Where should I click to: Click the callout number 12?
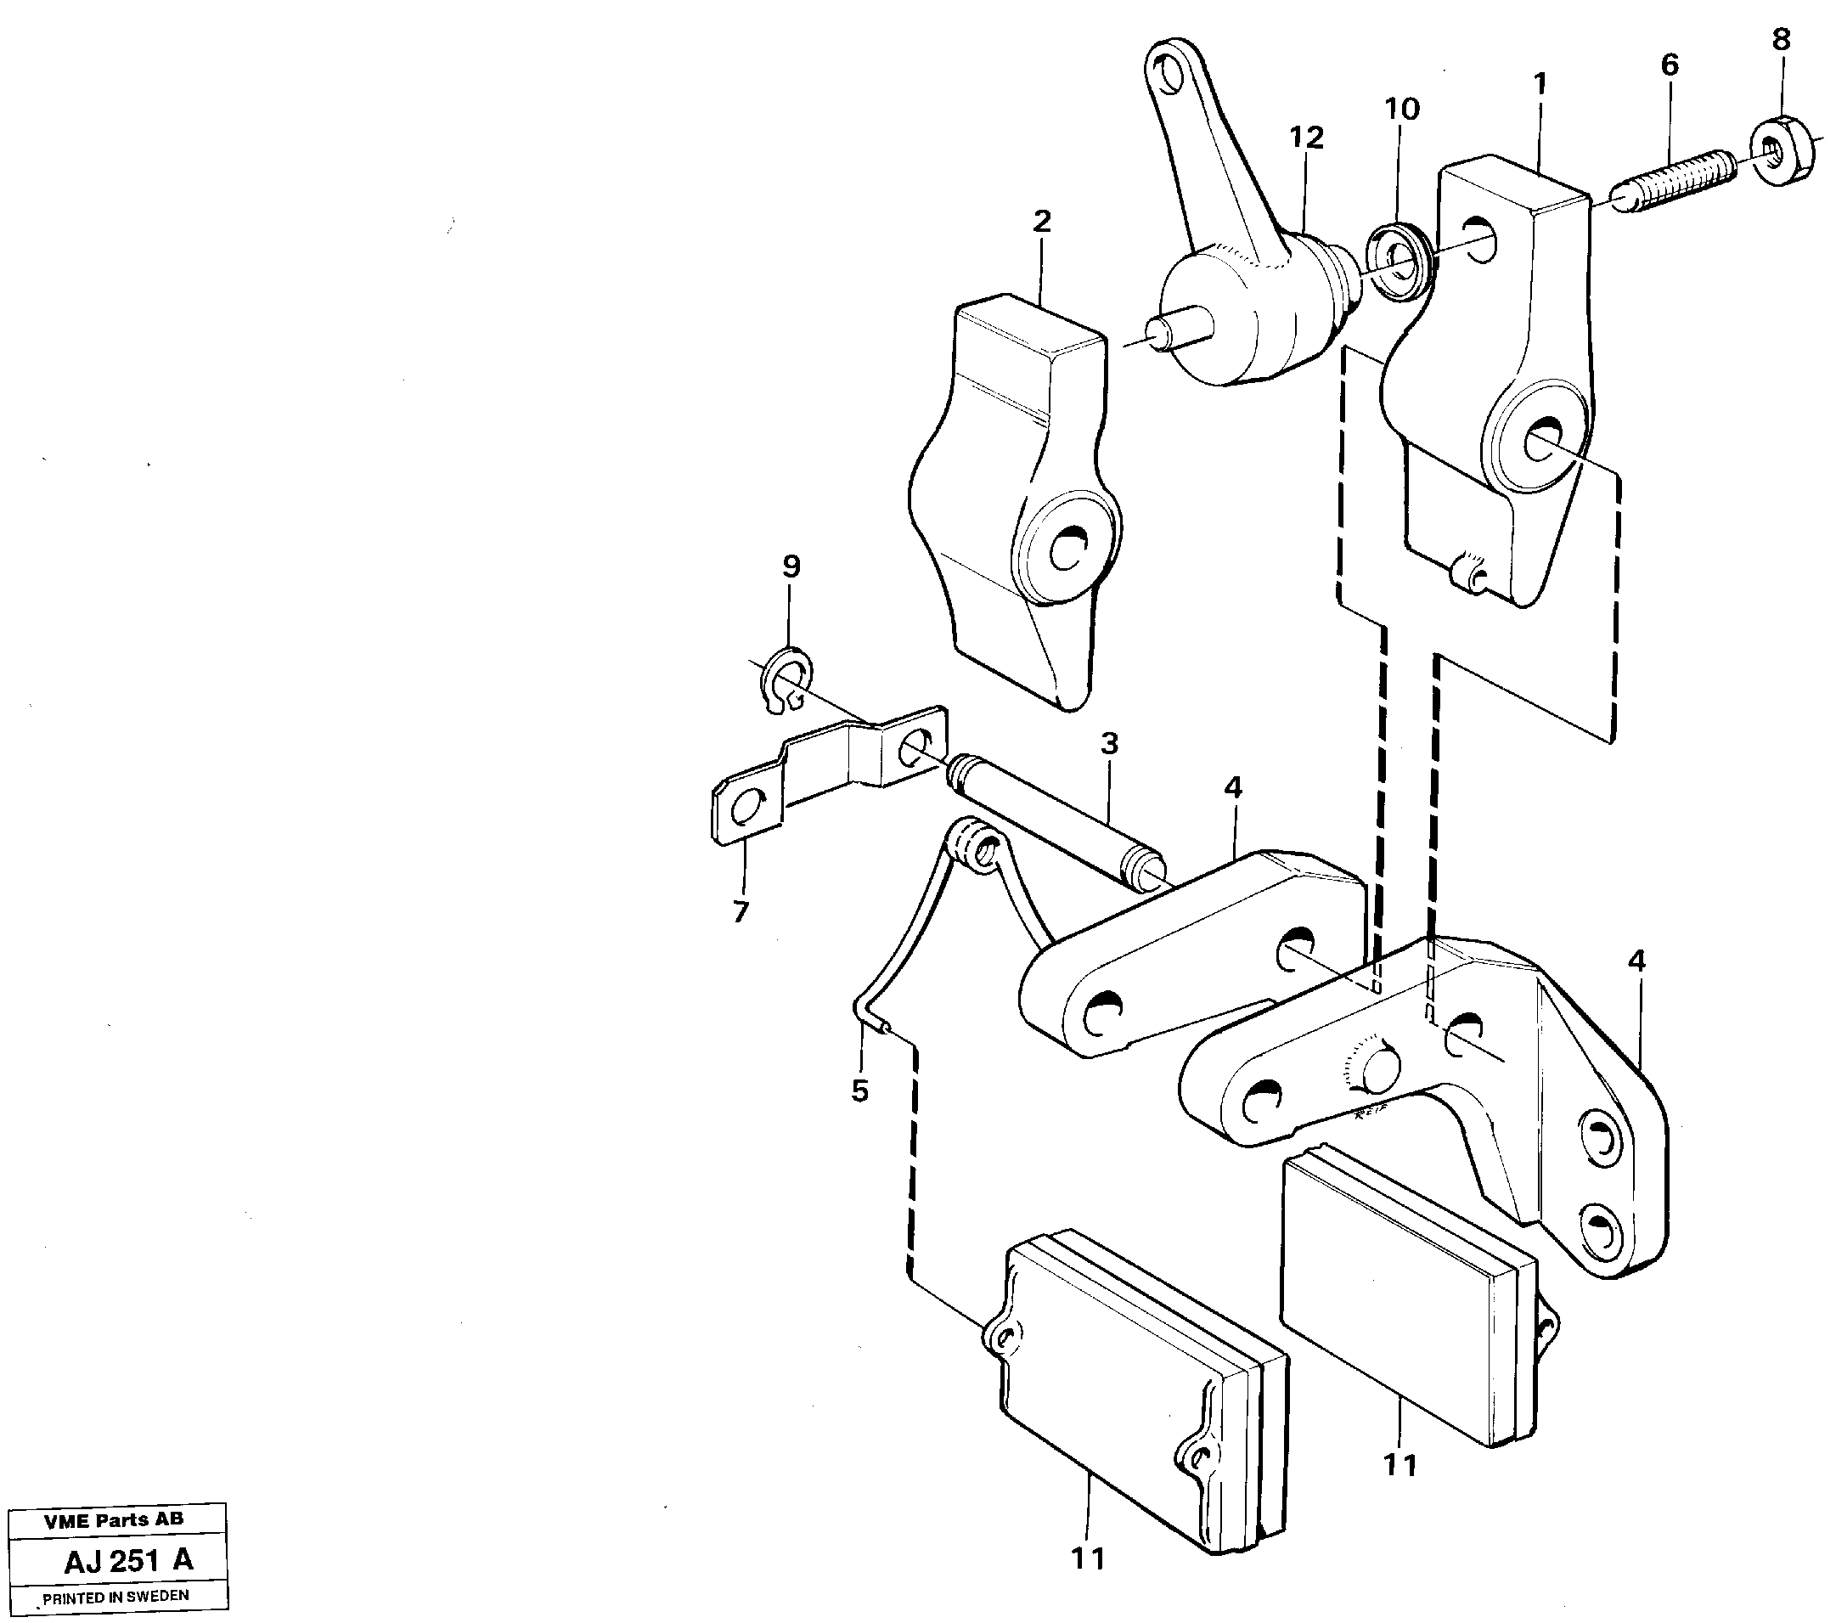click(1307, 138)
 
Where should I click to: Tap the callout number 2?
click(1041, 221)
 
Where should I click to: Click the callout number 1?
click(1540, 84)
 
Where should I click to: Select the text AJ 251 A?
click(128, 1560)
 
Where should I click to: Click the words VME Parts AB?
click(113, 1519)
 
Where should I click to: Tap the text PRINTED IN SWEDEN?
click(115, 1596)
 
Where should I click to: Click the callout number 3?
click(1109, 744)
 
